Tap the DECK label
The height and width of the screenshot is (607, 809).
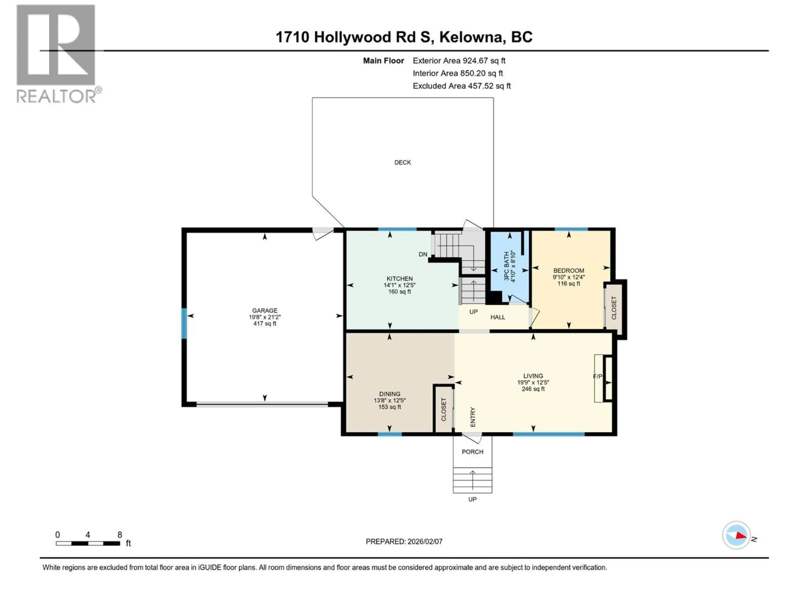pos(402,162)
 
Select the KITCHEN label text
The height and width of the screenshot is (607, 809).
pos(399,278)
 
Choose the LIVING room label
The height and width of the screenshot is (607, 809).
pos(533,376)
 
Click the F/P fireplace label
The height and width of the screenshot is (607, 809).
pos(597,376)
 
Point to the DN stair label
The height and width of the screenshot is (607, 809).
pos(423,254)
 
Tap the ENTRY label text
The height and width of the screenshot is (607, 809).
pos(473,417)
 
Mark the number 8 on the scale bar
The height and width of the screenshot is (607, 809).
pos(120,534)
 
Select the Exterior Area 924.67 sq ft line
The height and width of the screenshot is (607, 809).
pos(459,61)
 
